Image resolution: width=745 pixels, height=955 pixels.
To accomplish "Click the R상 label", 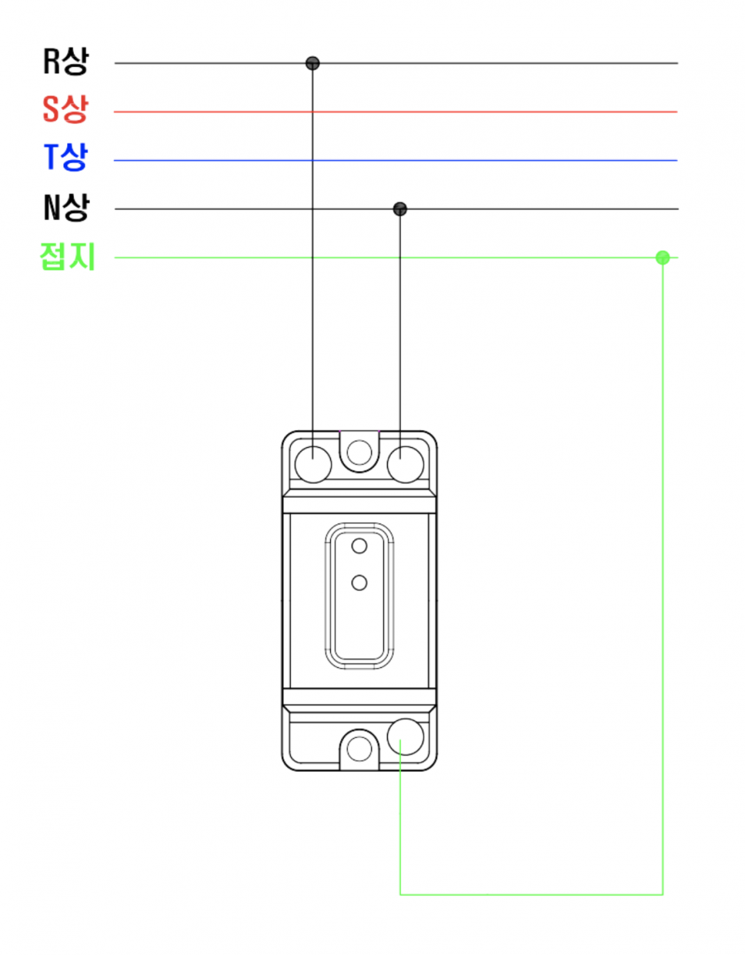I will click(66, 62).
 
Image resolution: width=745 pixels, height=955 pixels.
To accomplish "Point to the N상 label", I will click(66, 208).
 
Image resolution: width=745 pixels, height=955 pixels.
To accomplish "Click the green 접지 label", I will click(68, 257).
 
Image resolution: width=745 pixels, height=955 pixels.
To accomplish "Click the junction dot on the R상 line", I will click(313, 63).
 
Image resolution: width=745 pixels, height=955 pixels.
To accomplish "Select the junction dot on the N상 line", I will click(400, 208).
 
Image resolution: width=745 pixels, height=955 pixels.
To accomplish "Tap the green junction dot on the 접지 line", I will click(662, 257).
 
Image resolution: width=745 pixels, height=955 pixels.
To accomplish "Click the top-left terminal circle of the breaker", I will click(313, 465).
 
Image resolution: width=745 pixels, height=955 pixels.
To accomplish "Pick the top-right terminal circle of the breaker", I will click(406, 465).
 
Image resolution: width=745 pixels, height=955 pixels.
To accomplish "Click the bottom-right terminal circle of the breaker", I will click(406, 736).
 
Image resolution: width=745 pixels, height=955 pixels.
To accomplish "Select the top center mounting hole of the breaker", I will click(359, 453).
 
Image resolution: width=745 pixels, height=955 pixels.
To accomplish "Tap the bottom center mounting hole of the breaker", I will click(359, 749).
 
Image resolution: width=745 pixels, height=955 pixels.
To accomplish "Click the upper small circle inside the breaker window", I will click(359, 546).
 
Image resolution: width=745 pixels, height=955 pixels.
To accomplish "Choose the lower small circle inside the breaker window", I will click(359, 582).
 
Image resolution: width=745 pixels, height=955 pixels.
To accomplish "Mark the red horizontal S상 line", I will click(507, 112).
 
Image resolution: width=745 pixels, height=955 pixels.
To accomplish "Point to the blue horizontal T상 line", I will click(507, 160).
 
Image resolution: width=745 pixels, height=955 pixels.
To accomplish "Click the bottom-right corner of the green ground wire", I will click(662, 894).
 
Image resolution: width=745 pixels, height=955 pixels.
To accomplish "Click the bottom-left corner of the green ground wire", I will click(400, 894).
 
